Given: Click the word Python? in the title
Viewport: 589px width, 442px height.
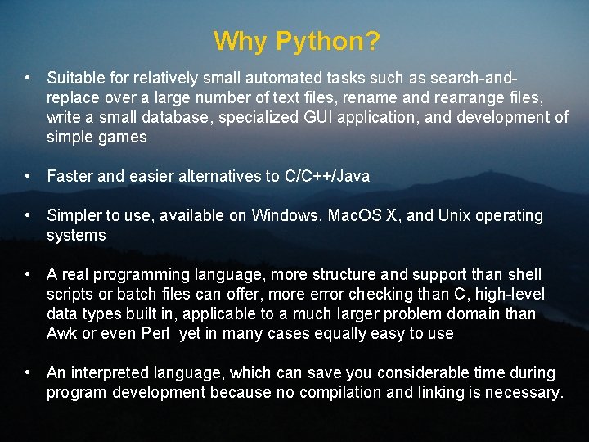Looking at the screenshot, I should coord(328,41).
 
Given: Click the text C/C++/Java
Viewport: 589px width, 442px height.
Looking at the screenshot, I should coord(326,176).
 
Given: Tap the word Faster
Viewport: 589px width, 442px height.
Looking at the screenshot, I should coord(71,176).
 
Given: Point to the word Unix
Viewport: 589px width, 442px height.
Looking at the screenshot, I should coord(455,216).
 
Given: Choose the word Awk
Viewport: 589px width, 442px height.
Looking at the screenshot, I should coord(61,333).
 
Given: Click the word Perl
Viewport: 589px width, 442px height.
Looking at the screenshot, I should coord(156,333).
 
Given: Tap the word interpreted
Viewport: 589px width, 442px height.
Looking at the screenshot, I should coord(108,373).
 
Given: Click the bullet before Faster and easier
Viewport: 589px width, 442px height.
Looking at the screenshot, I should coord(29,176).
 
